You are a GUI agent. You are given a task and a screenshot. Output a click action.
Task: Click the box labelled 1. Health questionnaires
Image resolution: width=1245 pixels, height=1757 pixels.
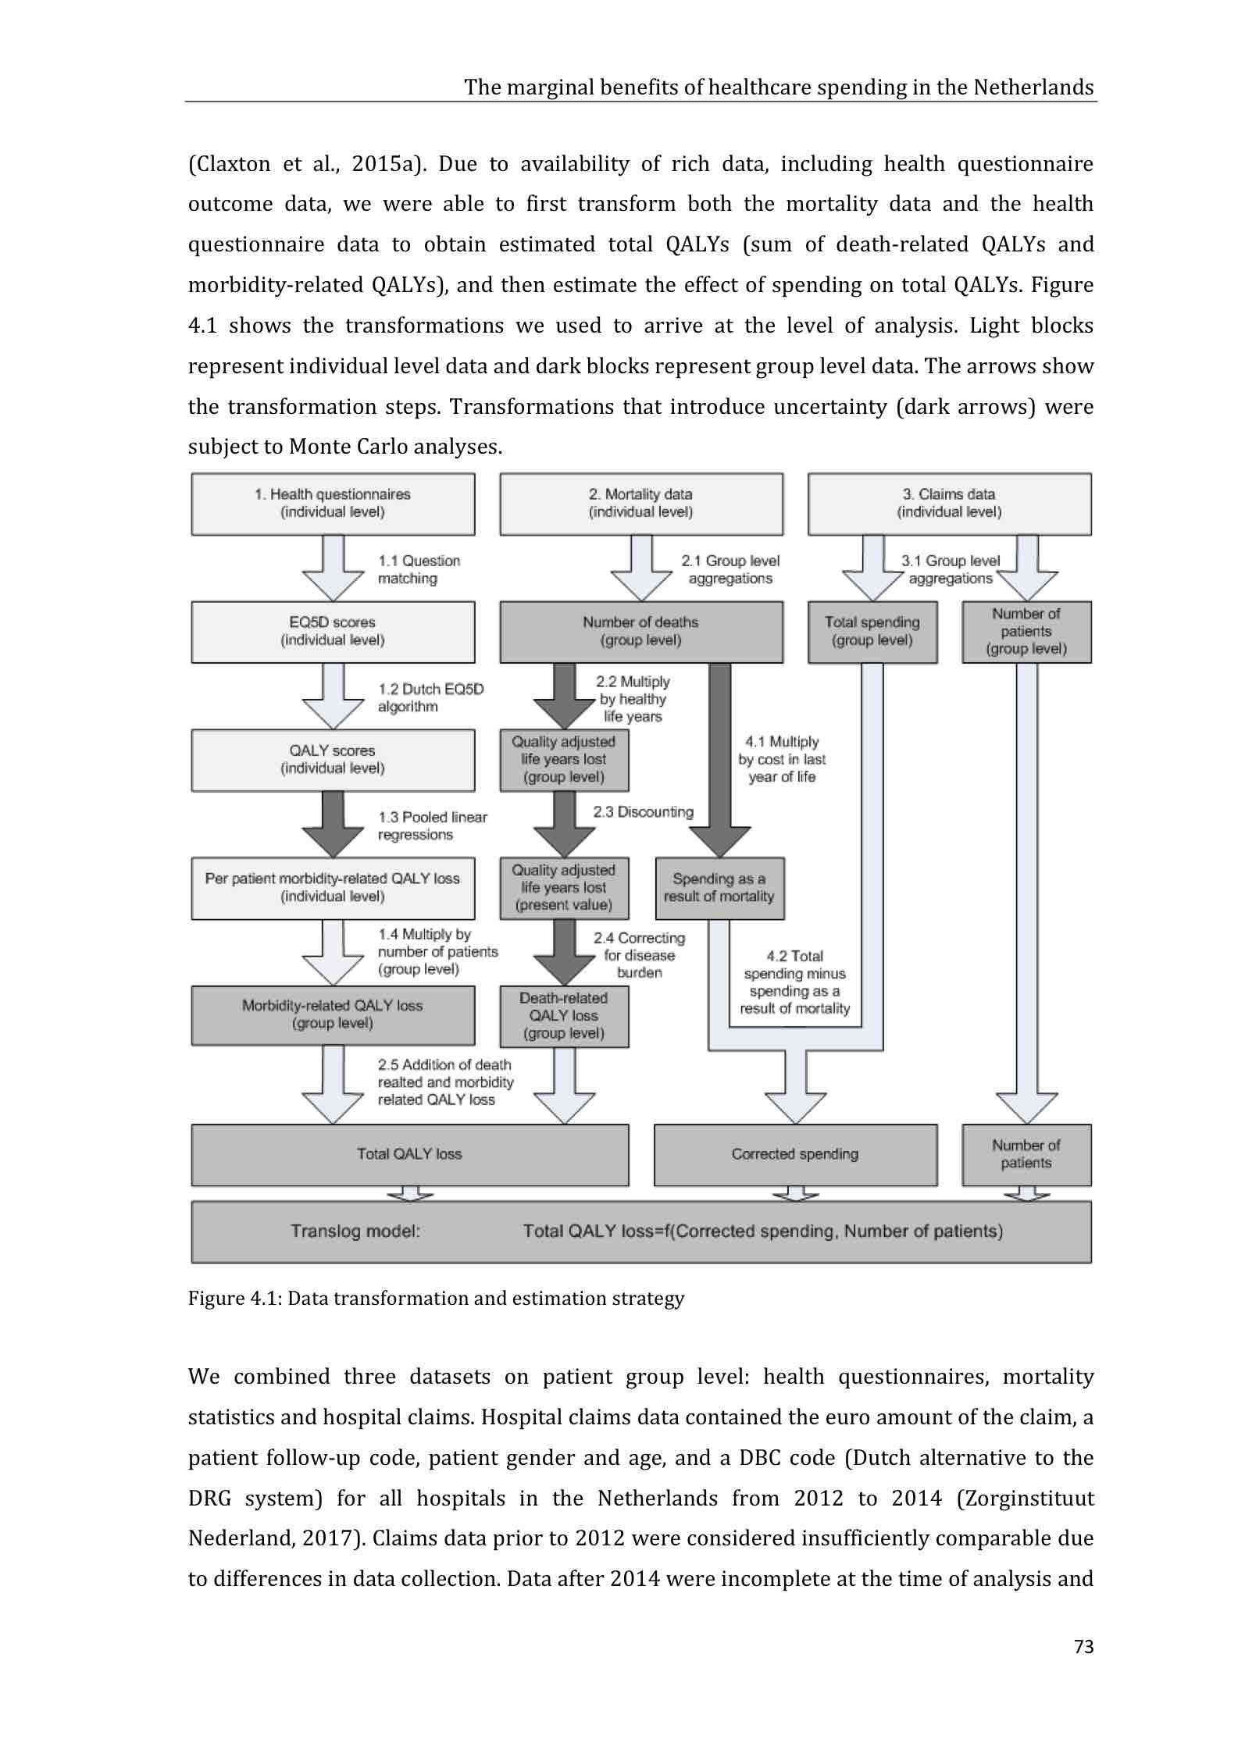333,504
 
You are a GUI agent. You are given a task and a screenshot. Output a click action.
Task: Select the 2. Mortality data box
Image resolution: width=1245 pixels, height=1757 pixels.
640,504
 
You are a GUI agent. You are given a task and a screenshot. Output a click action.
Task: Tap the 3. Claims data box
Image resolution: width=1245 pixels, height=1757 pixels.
949,504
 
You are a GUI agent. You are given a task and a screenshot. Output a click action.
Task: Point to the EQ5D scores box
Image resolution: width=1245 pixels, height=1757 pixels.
333,632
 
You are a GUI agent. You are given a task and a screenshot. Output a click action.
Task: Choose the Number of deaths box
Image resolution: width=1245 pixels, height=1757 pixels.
640,632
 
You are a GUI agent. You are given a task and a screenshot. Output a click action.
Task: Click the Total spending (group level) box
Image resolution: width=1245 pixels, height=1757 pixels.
872,632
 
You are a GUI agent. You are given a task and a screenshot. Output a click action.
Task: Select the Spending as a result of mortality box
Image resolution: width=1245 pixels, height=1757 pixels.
719,888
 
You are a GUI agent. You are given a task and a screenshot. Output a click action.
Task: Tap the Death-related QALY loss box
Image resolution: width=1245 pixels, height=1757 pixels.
564,1016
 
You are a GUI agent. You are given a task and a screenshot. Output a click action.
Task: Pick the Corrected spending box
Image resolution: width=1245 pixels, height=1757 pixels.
795,1154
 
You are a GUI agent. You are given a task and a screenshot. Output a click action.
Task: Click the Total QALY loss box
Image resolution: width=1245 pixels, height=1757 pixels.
409,1154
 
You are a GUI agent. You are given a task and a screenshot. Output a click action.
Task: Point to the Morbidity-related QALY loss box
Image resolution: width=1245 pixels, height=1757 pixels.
333,1015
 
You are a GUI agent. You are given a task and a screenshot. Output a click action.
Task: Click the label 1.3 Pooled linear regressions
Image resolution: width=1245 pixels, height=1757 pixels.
432,826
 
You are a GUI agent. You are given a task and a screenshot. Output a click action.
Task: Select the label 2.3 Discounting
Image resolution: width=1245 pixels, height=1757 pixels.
643,812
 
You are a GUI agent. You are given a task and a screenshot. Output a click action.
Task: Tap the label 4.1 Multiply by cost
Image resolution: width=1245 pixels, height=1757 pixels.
782,759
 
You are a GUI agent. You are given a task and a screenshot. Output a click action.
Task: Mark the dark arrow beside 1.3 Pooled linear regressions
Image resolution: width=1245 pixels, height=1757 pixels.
333,825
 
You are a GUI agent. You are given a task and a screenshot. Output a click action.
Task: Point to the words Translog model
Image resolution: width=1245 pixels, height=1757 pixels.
355,1231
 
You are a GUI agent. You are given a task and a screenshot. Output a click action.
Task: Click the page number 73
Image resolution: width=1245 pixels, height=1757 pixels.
1083,1647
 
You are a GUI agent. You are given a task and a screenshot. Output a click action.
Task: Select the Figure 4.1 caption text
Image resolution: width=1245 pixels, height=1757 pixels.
436,1299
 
